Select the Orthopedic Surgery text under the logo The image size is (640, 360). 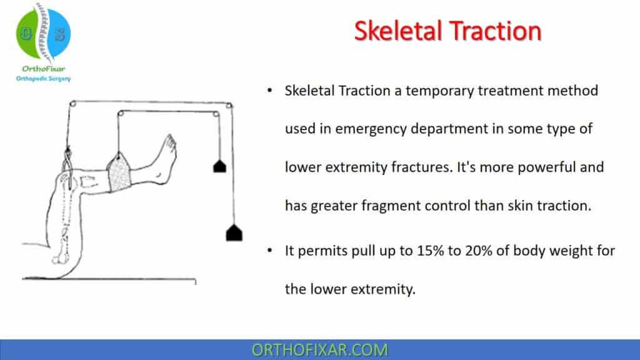coord(42,79)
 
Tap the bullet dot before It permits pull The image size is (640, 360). coord(269,251)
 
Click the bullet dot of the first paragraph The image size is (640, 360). coord(269,91)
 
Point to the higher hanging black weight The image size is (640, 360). coord(219,166)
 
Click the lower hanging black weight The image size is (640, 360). coord(233,233)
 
